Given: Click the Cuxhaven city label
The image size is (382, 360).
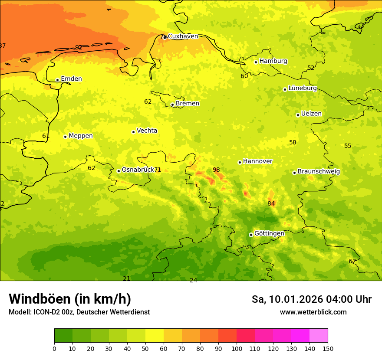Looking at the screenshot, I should point(183,36).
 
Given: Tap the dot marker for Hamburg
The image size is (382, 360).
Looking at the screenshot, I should point(256,62).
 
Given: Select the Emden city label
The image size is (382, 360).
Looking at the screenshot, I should point(71,79).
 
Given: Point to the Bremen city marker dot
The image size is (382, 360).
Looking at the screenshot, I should point(172,105).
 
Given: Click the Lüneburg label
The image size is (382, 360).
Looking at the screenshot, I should point(303,88).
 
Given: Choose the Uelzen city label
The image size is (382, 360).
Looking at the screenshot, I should point(311,114).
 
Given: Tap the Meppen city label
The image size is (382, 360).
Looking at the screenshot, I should point(81,136).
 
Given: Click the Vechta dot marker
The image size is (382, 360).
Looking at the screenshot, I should point(133,132).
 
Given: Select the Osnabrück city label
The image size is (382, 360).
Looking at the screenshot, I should point(138,170).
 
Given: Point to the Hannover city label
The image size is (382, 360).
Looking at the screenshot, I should point(257,161).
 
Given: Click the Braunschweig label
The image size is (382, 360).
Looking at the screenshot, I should point(319,172).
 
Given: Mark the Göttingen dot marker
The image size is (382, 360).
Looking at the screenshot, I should point(251,235).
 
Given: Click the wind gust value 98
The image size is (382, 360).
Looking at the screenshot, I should point(216,170).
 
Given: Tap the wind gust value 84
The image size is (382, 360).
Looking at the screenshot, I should point(271,203).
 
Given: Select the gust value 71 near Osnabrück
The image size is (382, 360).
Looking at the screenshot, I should point(158,170).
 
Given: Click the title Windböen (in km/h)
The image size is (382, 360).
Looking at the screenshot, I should point(70,299).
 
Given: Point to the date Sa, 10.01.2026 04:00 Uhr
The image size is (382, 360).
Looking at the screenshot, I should point(311,299).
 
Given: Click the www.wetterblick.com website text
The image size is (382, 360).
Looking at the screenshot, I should point(313,312).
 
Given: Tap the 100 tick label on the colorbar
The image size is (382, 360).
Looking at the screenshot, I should point(237,348).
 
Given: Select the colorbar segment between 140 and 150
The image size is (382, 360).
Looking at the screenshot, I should point(319,336).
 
